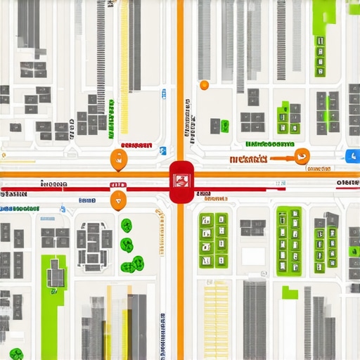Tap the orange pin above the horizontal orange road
(x=118, y=160)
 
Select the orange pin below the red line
(x=118, y=200)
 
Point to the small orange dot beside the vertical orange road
(x=204, y=85)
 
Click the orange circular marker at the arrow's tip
(x=303, y=157)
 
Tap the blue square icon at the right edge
(x=352, y=156)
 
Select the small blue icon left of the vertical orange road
(x=162, y=150)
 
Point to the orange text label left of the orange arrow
(x=248, y=159)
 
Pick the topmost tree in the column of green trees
(x=127, y=226)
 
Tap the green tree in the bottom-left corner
(x=16, y=354)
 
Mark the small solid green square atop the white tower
(x=290, y=292)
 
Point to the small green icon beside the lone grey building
(x=224, y=126)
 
